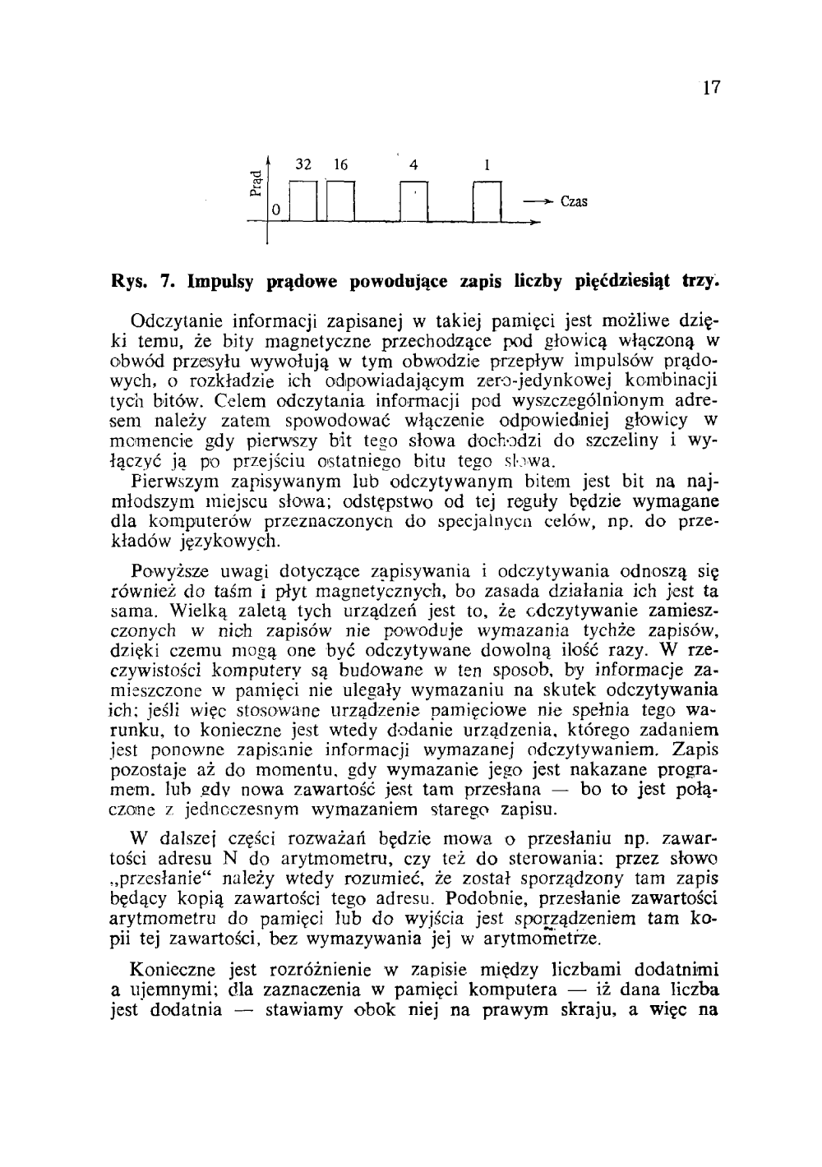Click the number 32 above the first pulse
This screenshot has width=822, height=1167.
tap(302, 164)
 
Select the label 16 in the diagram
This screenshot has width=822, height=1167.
tap(339, 164)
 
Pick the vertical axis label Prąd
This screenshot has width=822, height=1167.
tap(256, 183)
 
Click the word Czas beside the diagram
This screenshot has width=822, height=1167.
tap(574, 201)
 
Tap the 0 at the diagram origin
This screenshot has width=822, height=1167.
tap(276, 211)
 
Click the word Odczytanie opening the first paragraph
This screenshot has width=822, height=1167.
tap(175, 320)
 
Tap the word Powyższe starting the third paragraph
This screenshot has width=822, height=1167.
tap(169, 572)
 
